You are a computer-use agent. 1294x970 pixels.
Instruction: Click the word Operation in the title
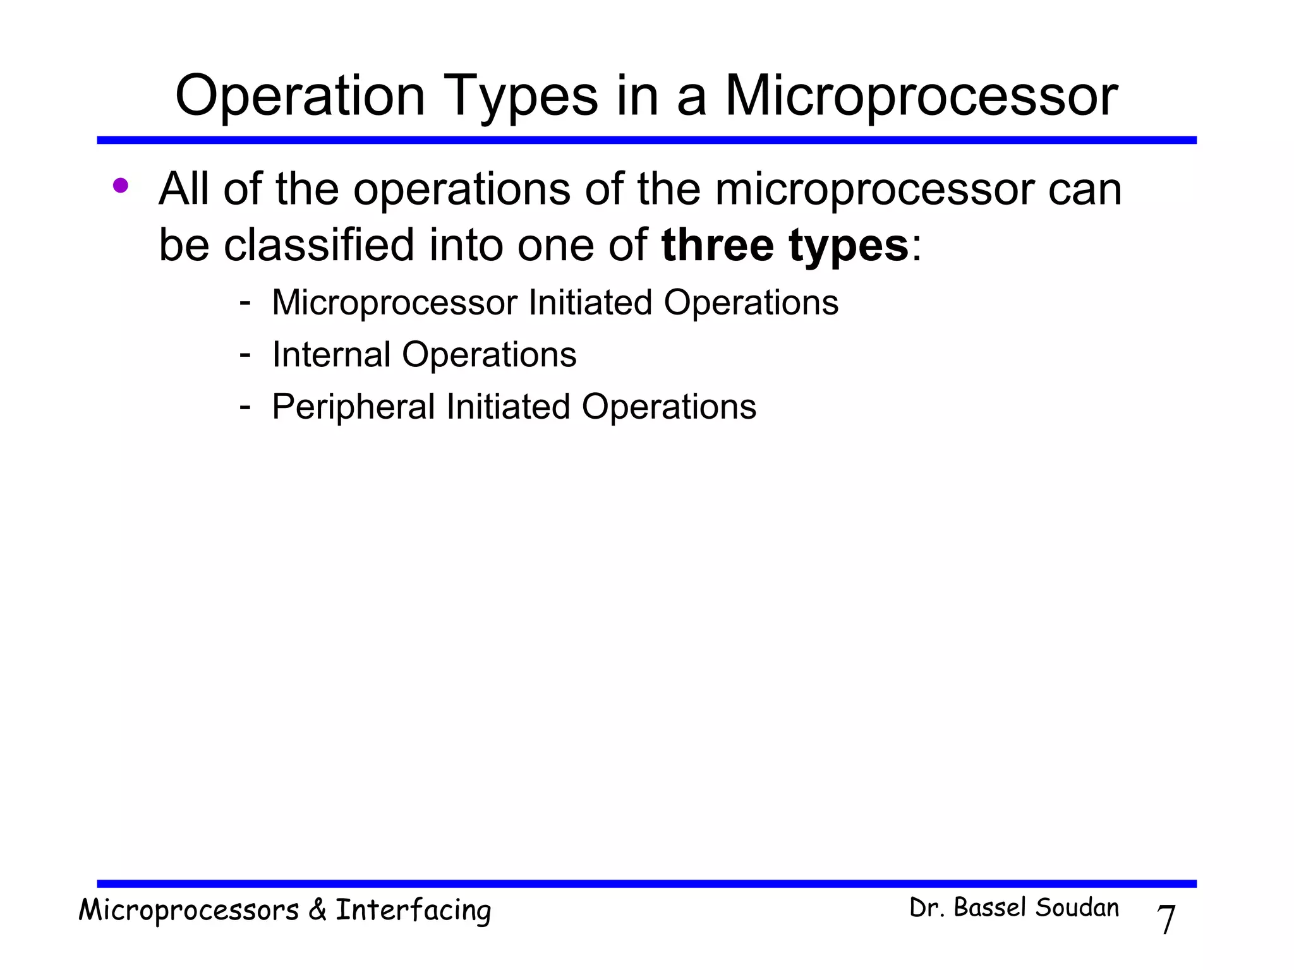pyautogui.click(x=299, y=96)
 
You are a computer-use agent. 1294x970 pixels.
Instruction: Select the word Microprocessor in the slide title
pyautogui.click(x=921, y=96)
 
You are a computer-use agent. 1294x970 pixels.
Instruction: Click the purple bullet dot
pyautogui.click(x=120, y=186)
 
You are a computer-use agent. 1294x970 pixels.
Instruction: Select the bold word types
pyautogui.click(x=848, y=246)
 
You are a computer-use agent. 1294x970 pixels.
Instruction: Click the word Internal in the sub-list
pyautogui.click(x=330, y=354)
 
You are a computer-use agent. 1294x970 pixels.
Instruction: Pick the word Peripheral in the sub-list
pyautogui.click(x=353, y=407)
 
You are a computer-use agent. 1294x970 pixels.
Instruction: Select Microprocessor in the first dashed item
pyautogui.click(x=394, y=302)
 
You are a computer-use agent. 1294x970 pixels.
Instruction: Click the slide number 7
pyautogui.click(x=1166, y=919)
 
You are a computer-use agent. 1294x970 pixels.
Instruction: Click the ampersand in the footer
pyautogui.click(x=317, y=911)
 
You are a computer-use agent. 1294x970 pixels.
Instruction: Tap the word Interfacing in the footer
pyautogui.click(x=413, y=911)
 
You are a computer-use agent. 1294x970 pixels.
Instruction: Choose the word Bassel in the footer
pyautogui.click(x=991, y=908)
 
